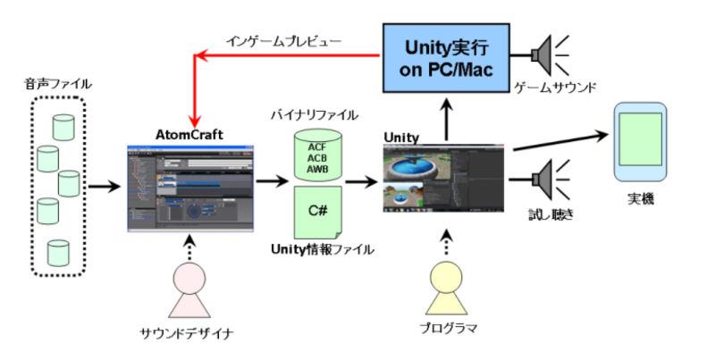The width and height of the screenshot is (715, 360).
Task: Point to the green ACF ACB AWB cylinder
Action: [x=316, y=157]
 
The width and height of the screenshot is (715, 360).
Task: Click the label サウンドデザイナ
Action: [x=188, y=332]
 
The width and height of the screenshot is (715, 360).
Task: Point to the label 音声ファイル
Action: [x=58, y=84]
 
